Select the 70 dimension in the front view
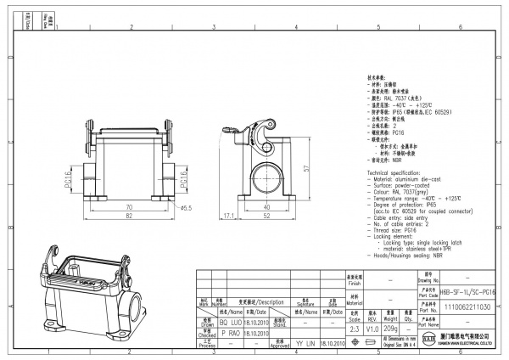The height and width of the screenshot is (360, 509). click(130, 206)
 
